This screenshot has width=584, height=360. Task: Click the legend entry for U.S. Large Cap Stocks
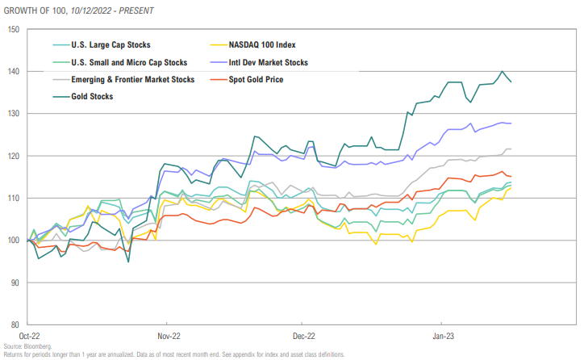pyautogui.click(x=111, y=45)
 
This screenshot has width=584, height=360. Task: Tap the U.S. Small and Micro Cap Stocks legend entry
pyautogui.click(x=129, y=62)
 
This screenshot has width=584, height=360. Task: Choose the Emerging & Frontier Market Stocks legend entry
pyautogui.click(x=133, y=79)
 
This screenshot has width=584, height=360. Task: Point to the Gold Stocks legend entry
pyautogui.click(x=93, y=96)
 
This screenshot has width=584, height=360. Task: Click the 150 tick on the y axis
pyautogui.click(x=13, y=29)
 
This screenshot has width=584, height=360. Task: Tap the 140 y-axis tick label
pyautogui.click(x=13, y=71)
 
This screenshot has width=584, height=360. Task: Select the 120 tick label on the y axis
pyautogui.click(x=13, y=156)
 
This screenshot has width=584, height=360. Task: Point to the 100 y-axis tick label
pyautogui.click(x=13, y=241)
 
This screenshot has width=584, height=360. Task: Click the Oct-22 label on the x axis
pyautogui.click(x=29, y=335)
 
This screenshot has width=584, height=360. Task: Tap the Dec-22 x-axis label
pyautogui.click(x=303, y=335)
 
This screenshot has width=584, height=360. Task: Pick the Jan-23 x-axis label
pyautogui.click(x=440, y=335)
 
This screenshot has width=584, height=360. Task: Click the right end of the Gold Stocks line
pyautogui.click(x=511, y=82)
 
